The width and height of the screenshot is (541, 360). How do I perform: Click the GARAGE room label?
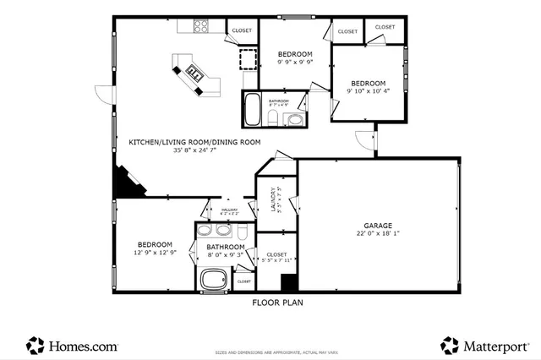pyautogui.click(x=378, y=226)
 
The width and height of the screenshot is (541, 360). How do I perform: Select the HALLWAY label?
pyautogui.click(x=229, y=210)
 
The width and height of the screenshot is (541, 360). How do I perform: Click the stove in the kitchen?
pyautogui.click(x=202, y=26)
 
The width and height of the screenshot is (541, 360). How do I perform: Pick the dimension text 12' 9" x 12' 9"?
pyautogui.click(x=155, y=253)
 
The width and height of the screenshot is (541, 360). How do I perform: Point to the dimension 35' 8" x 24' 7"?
pyautogui.click(x=194, y=150)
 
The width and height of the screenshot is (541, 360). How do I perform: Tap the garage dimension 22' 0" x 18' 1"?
pyautogui.click(x=378, y=235)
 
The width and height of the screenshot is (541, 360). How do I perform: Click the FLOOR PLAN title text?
pyautogui.click(x=277, y=302)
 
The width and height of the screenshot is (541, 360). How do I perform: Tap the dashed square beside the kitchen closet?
pyautogui.click(x=247, y=60)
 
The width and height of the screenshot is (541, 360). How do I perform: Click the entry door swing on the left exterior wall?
pyautogui.click(x=103, y=95)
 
